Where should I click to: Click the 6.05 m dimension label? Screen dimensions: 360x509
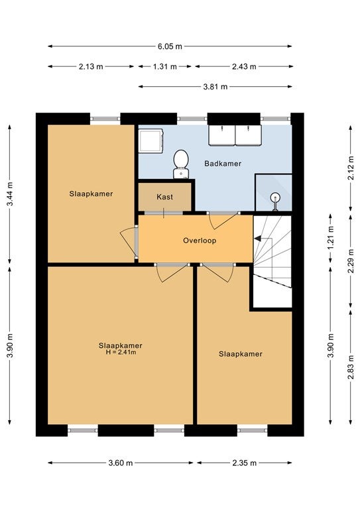coord(170,46)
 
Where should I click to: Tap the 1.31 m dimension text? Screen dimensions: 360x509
coord(165,66)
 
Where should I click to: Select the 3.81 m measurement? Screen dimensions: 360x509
coord(215,87)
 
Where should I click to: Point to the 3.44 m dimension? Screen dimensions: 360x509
coord(10,194)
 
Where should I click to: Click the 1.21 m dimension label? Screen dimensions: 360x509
coord(330,238)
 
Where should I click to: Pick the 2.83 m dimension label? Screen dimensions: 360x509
coord(351,367)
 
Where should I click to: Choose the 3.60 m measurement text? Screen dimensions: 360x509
coord(121,463)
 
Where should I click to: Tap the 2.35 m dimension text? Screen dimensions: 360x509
coord(244,463)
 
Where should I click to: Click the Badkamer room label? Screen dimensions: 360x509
coord(223,163)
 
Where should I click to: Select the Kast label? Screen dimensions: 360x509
coord(165,197)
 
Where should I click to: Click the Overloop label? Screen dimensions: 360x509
coord(200,241)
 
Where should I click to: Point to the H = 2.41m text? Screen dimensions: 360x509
coord(121,352)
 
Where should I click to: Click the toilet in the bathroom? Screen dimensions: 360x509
coord(181,164)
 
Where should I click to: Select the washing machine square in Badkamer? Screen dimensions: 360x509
coord(150,141)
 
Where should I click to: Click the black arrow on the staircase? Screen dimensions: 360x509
coord(257,239)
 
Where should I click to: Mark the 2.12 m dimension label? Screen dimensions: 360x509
coord(351,168)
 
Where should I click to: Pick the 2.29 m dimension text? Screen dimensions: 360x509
coord(351,261)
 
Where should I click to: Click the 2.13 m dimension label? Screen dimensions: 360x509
coord(91,66)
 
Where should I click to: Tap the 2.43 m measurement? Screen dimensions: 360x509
coord(244,66)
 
